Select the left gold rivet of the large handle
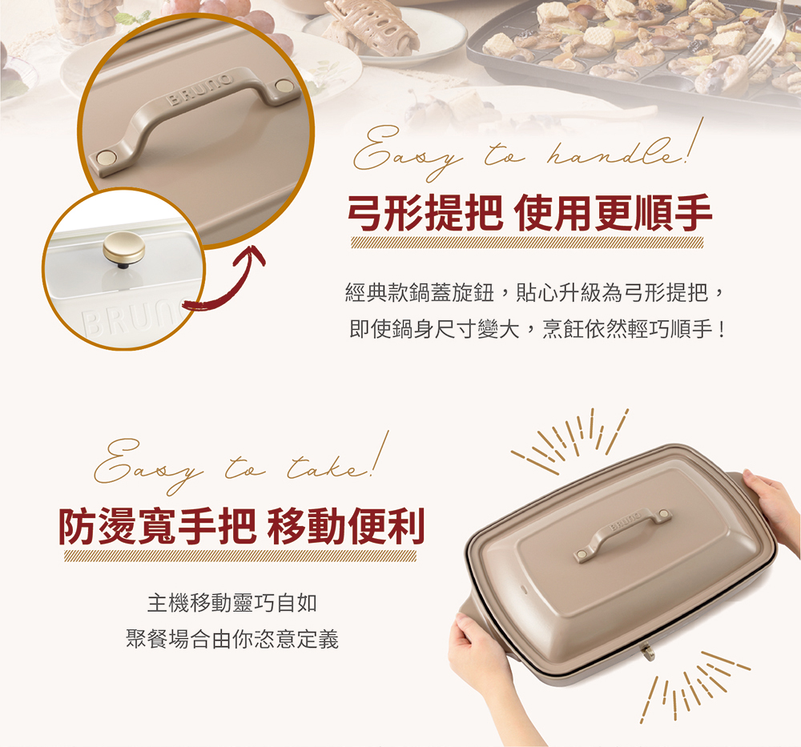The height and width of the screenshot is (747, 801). click(105, 156)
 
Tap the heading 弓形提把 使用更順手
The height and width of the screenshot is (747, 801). click(529, 213)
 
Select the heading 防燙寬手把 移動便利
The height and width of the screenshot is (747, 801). click(241, 527)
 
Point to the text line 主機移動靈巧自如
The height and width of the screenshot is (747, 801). click(232, 603)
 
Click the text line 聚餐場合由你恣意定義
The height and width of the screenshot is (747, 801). click(232, 639)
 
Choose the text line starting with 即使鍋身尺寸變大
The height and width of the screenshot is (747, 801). click(537, 329)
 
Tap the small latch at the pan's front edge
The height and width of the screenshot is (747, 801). click(648, 653)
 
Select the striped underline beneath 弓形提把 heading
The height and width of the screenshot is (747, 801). click(527, 243)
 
